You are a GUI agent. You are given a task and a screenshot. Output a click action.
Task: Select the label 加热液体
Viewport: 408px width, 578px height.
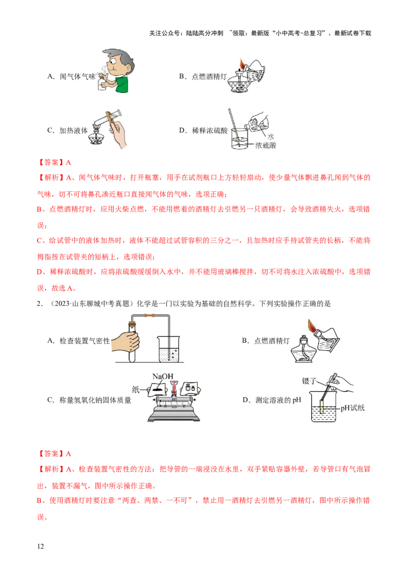(71, 130)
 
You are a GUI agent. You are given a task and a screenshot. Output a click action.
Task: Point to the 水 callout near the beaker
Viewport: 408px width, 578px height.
(271, 137)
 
